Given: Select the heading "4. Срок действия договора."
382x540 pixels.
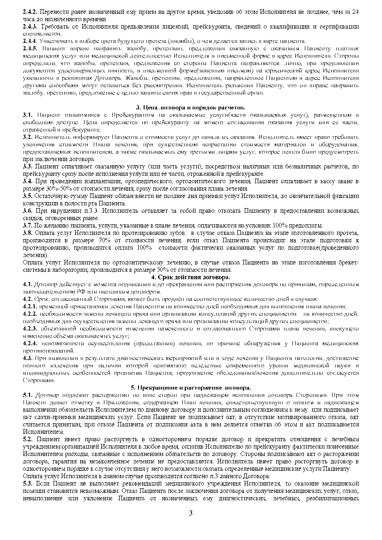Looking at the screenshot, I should click(191, 277).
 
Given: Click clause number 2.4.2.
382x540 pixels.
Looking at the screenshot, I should click(30, 10).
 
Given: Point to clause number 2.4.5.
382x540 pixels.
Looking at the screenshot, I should click(30, 48).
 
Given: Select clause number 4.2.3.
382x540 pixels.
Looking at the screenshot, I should click(30, 329).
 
